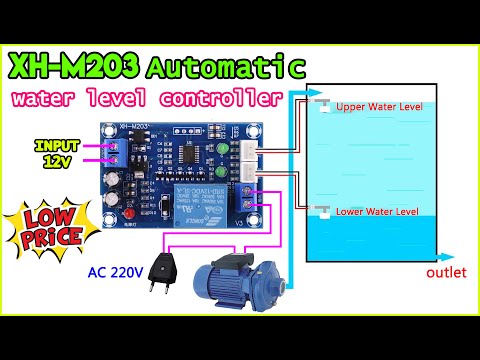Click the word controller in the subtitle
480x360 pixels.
coord(232,100)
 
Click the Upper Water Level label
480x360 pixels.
coord(379,106)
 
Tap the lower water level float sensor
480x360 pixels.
coord(321,212)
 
